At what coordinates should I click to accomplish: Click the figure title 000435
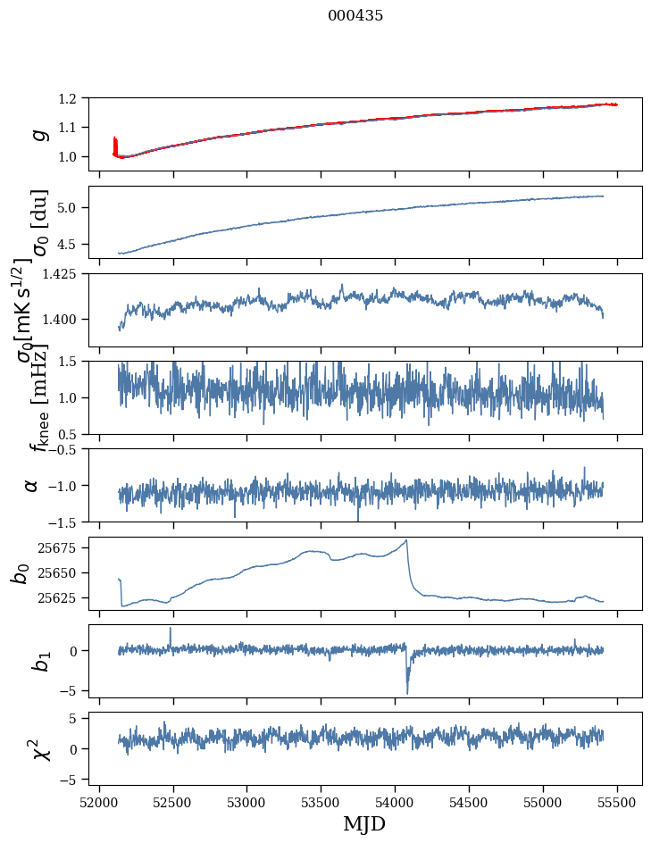click(x=355, y=16)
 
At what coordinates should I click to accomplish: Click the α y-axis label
click(x=32, y=485)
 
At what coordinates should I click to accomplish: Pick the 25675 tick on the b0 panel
click(x=62, y=547)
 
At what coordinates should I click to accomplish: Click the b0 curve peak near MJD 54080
click(x=407, y=540)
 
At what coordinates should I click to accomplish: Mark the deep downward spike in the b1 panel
click(x=407, y=691)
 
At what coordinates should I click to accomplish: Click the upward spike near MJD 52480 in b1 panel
click(x=171, y=629)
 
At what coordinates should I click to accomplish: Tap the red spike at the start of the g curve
click(x=115, y=143)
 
